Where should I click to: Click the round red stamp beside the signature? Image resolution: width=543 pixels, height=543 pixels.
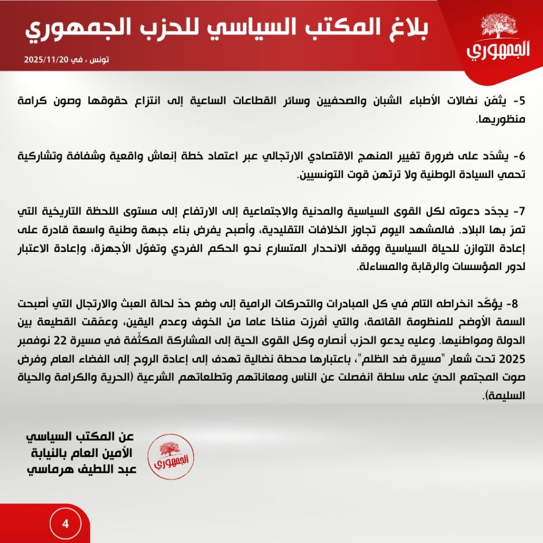coord(170,454)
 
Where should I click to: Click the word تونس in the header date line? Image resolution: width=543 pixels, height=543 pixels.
coord(99,59)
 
